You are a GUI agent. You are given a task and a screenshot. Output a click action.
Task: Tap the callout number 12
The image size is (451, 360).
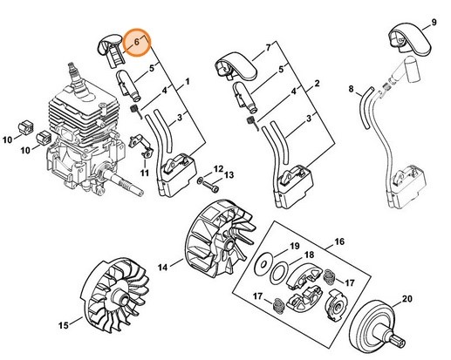pyautogui.click(x=219, y=166)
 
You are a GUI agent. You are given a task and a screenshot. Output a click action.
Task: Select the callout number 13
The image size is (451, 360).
pyautogui.click(x=230, y=176)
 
